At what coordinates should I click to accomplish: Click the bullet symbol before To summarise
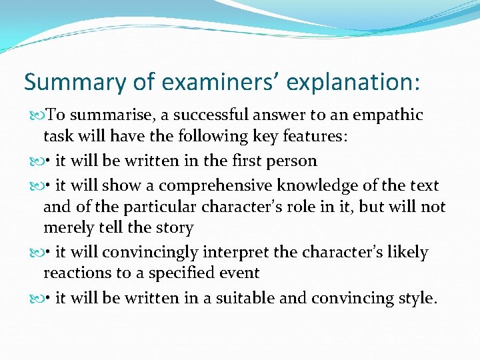pyautogui.click(x=35, y=115)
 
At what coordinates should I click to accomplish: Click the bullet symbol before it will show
pyautogui.click(x=35, y=185)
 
